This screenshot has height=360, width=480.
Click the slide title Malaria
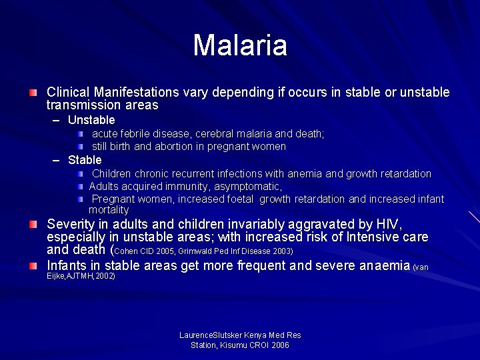click(x=240, y=45)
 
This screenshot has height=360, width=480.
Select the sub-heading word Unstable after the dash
click(x=91, y=120)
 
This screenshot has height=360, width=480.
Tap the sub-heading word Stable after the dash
click(x=85, y=160)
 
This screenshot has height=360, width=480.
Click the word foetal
click(x=239, y=199)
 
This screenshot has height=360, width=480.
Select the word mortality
click(x=109, y=209)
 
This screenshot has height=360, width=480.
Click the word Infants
click(x=68, y=266)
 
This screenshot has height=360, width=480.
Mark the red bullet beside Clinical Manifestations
click(x=33, y=91)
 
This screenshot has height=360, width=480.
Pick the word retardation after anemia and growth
click(x=405, y=173)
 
